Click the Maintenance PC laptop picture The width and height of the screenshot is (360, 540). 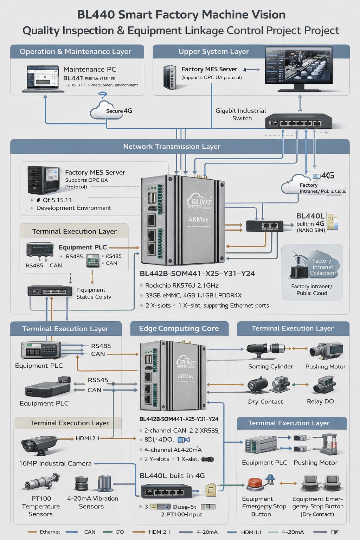pyautogui.click(x=43, y=79)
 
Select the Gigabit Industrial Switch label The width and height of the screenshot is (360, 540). pyautogui.click(x=241, y=114)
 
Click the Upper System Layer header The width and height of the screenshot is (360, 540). pyautogui.click(x=213, y=52)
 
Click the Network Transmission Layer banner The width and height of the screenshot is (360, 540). pyautogui.click(x=172, y=147)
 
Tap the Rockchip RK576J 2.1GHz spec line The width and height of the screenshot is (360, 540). pyautogui.click(x=182, y=285)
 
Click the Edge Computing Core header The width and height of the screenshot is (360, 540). pyautogui.click(x=179, y=328)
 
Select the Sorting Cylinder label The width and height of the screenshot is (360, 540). pyautogui.click(x=270, y=366)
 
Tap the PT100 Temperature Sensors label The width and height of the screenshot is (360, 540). pyautogui.click(x=41, y=506)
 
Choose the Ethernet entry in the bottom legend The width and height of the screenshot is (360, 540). pyautogui.click(x=50, y=532)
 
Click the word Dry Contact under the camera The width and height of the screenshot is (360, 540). pyautogui.click(x=265, y=401)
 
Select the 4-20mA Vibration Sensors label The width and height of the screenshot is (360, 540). pyautogui.click(x=92, y=502)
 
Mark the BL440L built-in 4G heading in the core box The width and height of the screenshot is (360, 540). pyautogui.click(x=172, y=476)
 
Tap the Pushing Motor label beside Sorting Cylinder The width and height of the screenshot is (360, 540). pyautogui.click(x=325, y=366)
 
